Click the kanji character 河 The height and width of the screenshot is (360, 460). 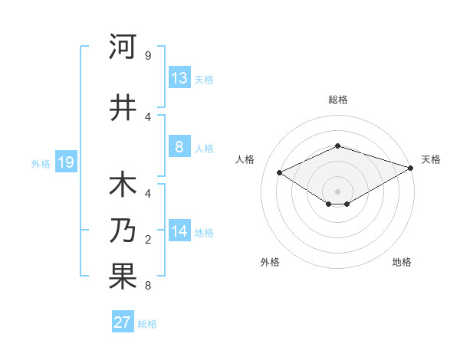coord(123,47)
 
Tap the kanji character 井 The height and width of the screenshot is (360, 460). coord(123,106)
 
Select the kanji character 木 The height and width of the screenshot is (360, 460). coord(123,187)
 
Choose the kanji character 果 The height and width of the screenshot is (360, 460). coord(123,277)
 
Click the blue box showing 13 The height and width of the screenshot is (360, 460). coord(179,78)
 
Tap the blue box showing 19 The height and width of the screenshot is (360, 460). coord(66,162)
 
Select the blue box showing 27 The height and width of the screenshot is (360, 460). coord(123,322)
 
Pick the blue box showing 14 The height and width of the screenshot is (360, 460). coord(179,232)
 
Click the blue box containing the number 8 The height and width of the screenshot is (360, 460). coord(179,147)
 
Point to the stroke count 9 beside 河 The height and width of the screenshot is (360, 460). coord(148,56)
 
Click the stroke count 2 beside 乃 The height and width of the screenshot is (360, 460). coord(148,240)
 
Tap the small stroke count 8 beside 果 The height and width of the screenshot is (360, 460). coord(148,286)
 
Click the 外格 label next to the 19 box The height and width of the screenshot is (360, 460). coord(41,163)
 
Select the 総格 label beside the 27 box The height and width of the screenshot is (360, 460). coord(147,323)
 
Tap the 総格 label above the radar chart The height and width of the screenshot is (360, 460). coord(337,100)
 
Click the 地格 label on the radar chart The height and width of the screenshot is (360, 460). coord(402,262)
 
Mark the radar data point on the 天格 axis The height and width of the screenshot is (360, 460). coord(411,169)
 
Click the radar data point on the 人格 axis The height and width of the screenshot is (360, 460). coord(280,173)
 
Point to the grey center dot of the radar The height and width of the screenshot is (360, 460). coord(337,191)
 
